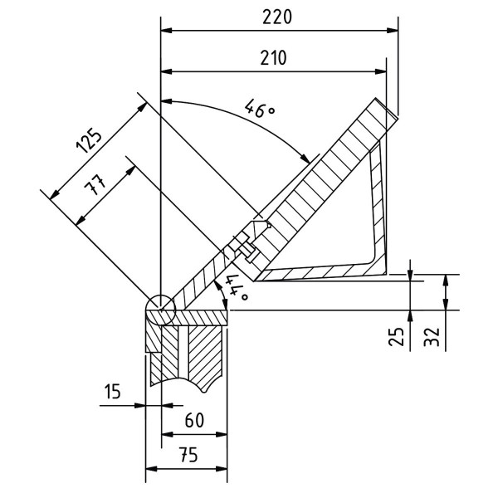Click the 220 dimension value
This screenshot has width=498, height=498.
[278, 17]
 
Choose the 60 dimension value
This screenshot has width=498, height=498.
[193, 419]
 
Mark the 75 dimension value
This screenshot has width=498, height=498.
[186, 454]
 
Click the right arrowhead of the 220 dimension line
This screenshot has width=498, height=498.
[393, 32]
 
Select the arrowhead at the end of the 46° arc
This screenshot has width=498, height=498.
[310, 158]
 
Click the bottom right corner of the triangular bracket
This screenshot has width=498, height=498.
[388, 272]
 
